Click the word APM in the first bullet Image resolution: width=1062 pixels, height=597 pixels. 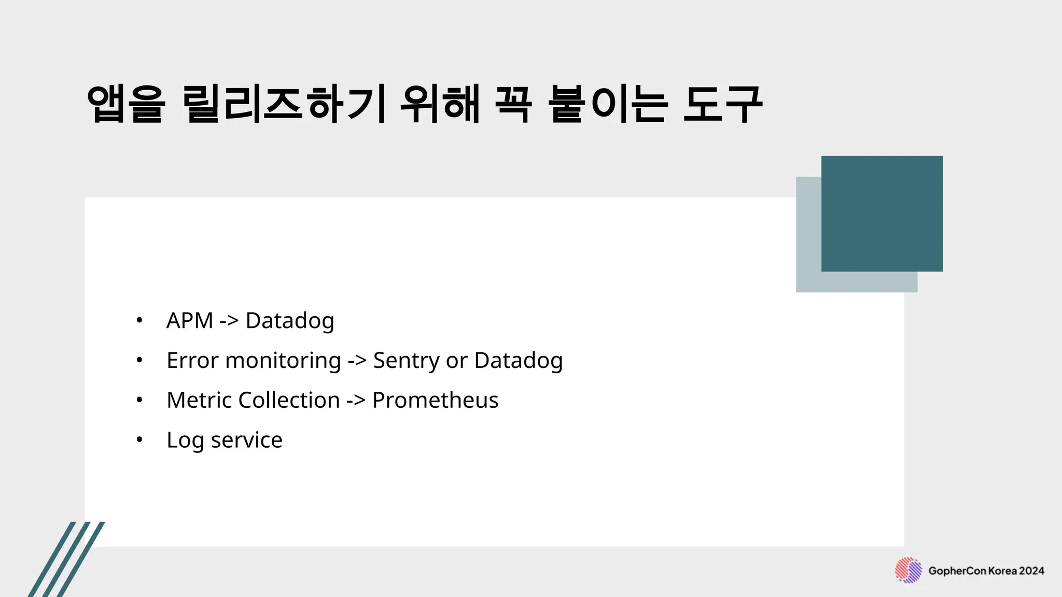click(x=189, y=320)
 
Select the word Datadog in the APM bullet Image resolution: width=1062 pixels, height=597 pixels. click(x=289, y=321)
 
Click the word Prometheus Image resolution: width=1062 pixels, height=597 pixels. click(x=435, y=400)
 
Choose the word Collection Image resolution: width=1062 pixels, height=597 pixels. click(x=289, y=400)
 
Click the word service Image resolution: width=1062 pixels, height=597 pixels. click(x=246, y=440)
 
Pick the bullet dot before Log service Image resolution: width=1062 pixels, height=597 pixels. click(x=139, y=440)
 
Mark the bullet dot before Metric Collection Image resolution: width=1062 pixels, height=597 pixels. click(x=139, y=400)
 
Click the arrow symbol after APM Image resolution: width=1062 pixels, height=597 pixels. click(x=229, y=321)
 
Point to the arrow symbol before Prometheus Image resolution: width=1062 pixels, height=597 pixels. click(x=356, y=400)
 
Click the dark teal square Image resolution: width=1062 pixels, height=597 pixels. click(x=882, y=214)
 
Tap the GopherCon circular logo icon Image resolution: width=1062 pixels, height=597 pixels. click(x=908, y=571)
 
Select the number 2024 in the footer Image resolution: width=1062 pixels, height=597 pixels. click(x=1031, y=571)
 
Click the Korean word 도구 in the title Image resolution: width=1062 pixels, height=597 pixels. click(x=722, y=104)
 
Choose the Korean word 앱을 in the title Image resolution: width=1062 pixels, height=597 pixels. click(x=126, y=104)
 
